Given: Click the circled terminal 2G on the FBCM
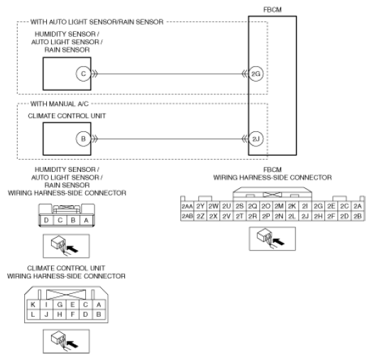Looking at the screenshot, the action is [x=256, y=74].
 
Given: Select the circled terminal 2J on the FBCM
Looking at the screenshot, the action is [x=256, y=139].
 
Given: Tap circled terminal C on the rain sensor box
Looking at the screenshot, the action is [x=83, y=74].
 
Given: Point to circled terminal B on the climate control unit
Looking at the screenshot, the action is [x=83, y=139].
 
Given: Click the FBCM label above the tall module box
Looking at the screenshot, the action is [x=273, y=10].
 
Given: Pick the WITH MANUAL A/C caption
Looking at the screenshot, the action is [x=60, y=104].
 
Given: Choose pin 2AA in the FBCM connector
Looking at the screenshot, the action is [x=187, y=206].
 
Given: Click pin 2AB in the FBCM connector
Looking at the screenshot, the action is [x=187, y=216].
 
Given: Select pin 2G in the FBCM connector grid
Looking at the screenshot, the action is [x=318, y=206].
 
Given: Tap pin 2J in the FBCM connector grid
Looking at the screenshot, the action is [x=305, y=216].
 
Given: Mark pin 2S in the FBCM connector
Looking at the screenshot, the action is [x=240, y=206].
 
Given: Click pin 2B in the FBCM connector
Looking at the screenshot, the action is [x=358, y=216].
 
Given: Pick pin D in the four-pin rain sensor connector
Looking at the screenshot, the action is [x=46, y=220].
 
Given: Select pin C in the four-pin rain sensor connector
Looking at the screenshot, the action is [x=60, y=220].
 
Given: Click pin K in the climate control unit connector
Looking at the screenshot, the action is [x=33, y=305].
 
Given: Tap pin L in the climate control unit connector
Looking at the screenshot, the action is [x=33, y=315].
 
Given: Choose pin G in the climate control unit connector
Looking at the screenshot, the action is [x=60, y=305].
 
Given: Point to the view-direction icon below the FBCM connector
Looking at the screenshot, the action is [x=273, y=239].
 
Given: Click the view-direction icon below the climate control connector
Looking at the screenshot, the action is [x=67, y=342].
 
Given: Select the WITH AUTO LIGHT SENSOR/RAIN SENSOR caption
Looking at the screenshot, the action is [x=97, y=22].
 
